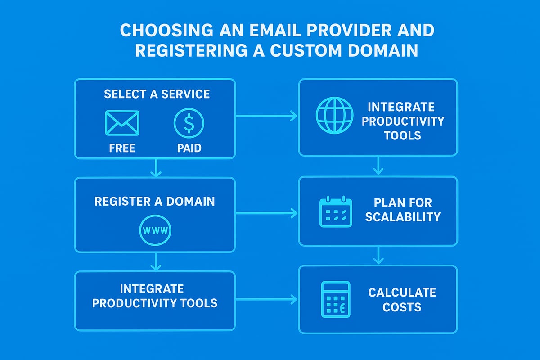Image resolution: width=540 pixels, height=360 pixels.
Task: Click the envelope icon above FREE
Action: tap(122, 122)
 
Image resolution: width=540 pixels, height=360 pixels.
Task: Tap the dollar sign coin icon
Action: tap(189, 122)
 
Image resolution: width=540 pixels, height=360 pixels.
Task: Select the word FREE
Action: tap(122, 148)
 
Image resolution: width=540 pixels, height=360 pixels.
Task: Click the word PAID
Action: tap(189, 148)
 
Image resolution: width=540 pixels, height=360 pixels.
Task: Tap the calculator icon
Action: tap(336, 299)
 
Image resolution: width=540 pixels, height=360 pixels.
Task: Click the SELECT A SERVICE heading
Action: tap(157, 94)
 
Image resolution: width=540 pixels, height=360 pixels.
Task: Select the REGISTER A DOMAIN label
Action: tap(154, 201)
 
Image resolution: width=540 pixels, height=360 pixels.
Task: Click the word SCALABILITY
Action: tap(402, 217)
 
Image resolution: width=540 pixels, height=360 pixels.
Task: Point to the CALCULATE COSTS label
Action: tap(402, 300)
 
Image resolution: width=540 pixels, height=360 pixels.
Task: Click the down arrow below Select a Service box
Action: tap(155, 168)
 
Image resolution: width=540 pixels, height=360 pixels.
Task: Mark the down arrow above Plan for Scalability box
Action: tap(378, 166)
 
